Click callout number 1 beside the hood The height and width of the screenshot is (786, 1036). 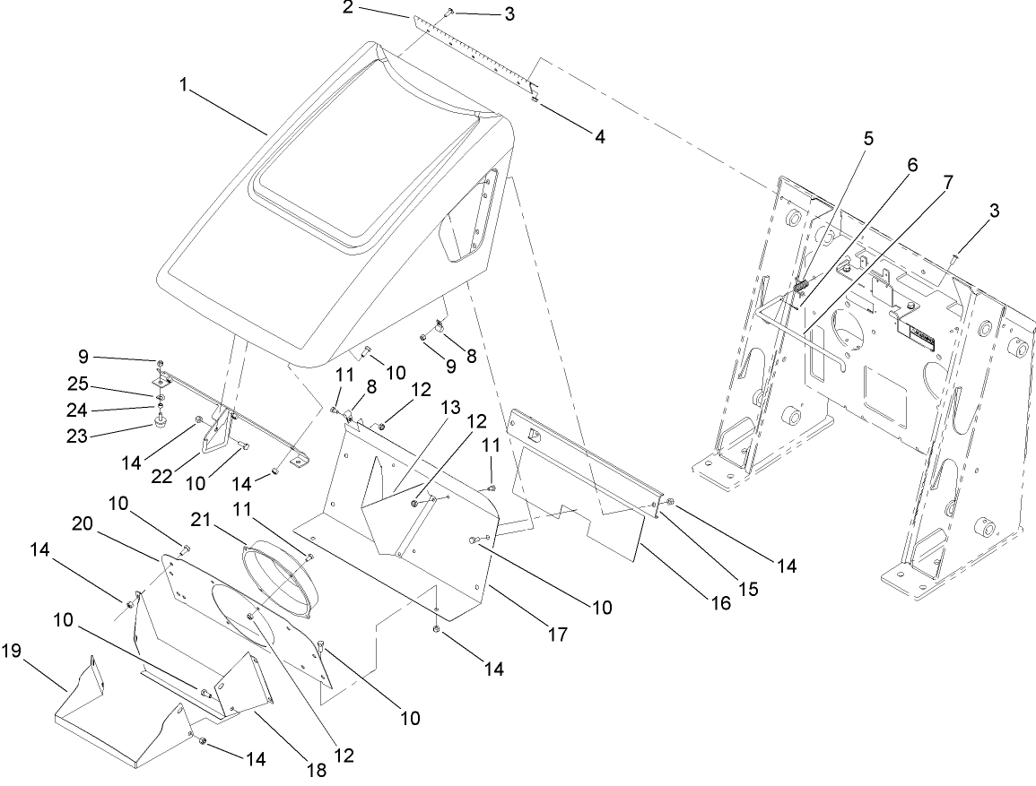click(x=185, y=84)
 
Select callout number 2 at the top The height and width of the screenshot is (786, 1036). click(x=348, y=9)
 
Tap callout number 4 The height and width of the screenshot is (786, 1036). click(x=599, y=136)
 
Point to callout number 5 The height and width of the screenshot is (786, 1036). click(x=868, y=139)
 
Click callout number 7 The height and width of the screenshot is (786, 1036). click(x=948, y=182)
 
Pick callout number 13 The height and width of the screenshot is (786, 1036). click(x=450, y=408)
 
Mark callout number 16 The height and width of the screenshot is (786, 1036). click(x=721, y=602)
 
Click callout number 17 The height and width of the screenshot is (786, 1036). click(x=558, y=635)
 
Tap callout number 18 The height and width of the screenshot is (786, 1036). click(x=316, y=769)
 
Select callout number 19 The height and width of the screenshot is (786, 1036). click(x=12, y=651)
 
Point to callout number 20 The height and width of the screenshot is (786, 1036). click(x=83, y=523)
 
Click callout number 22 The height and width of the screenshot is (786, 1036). click(x=161, y=476)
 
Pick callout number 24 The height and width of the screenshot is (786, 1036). click(x=76, y=410)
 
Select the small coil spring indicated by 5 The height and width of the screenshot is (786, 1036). click(x=802, y=285)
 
